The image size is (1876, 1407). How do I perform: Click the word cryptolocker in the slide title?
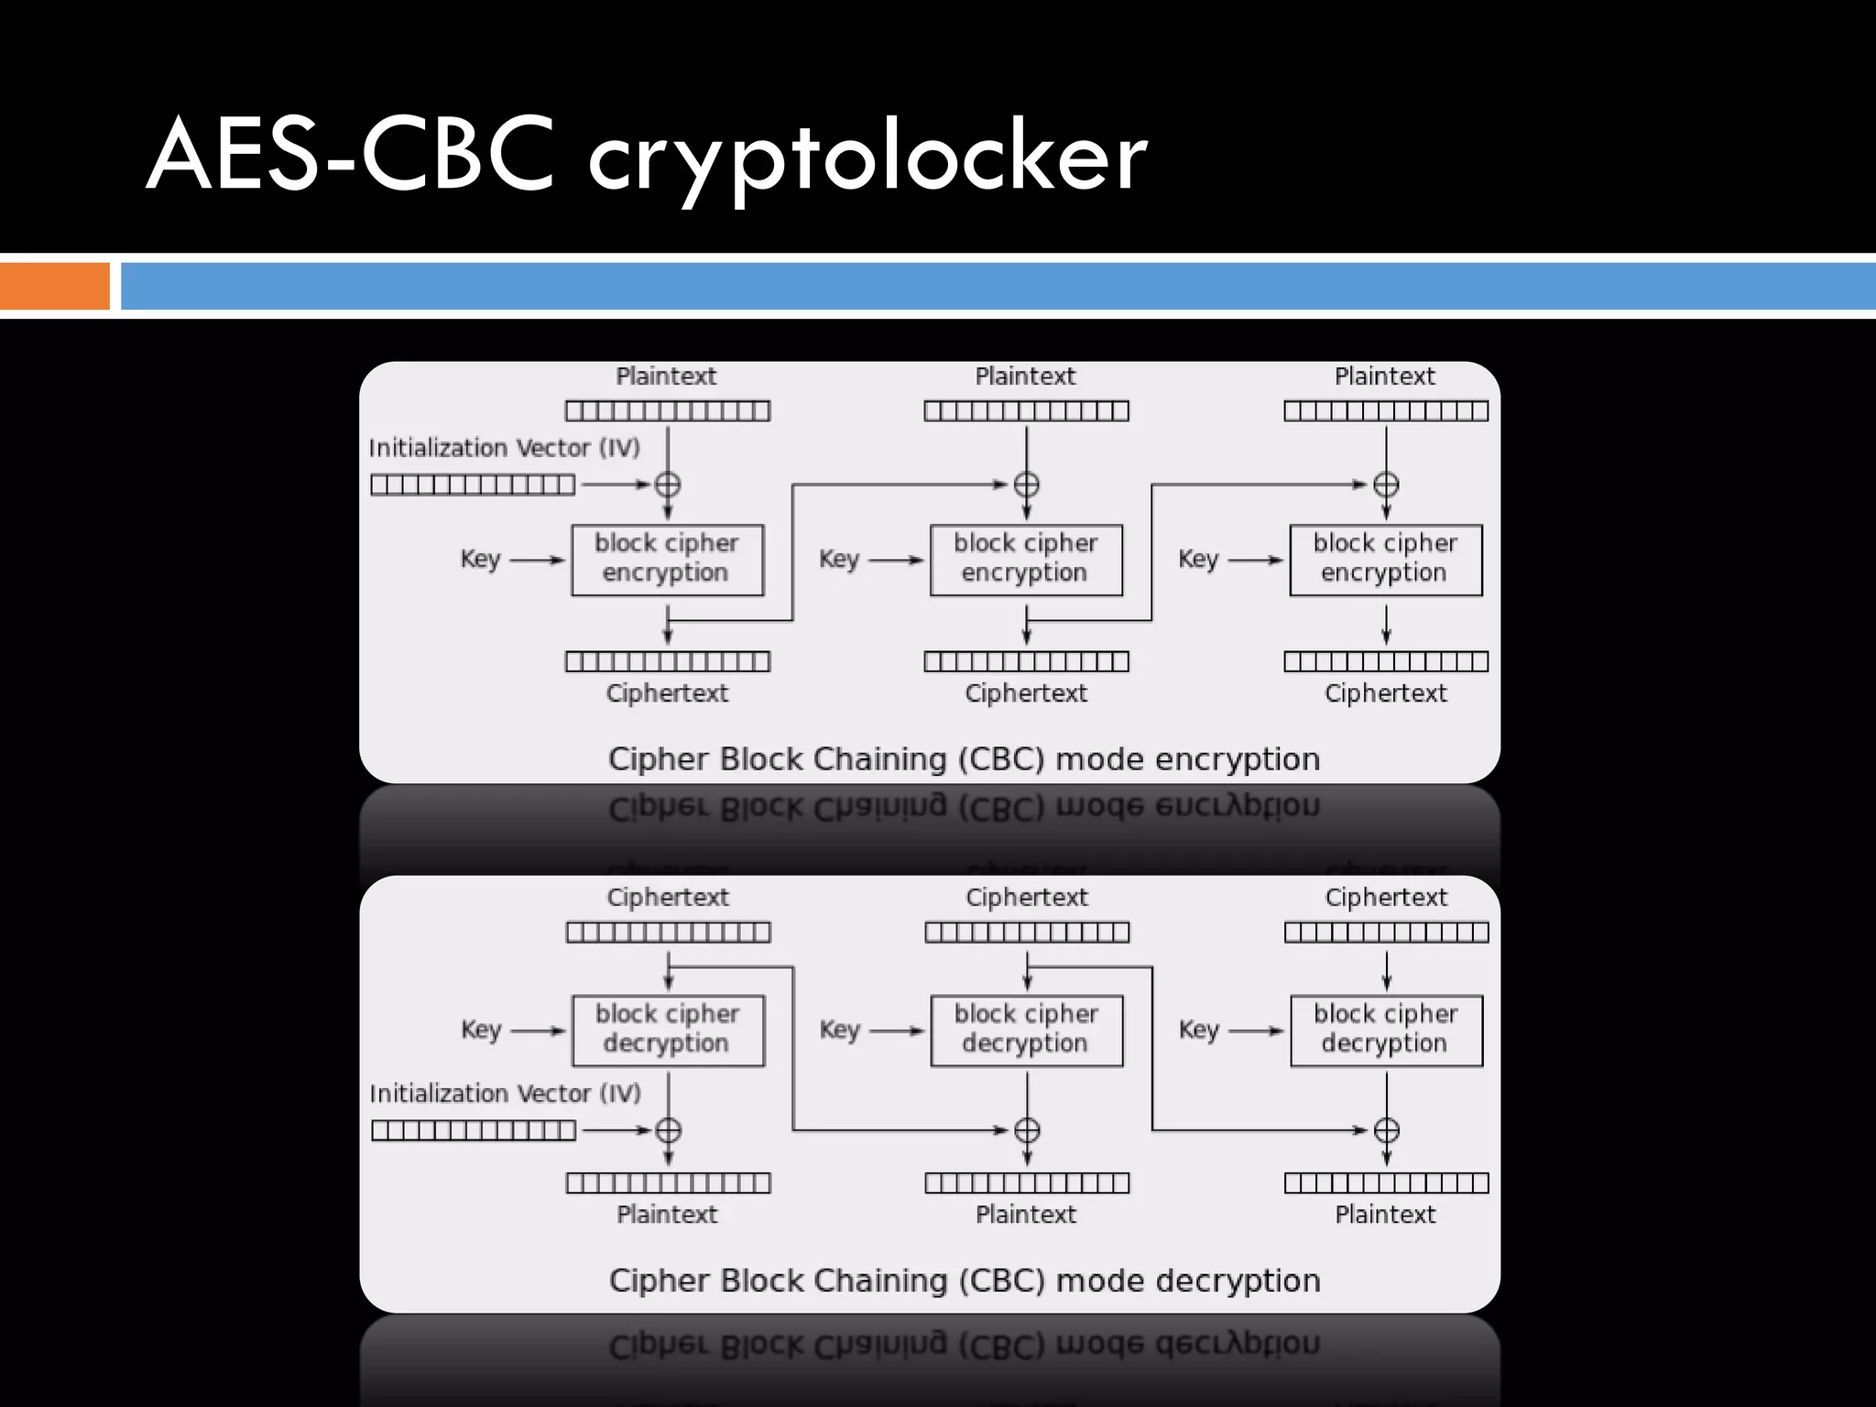pos(866,158)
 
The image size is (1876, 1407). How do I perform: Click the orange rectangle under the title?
pos(54,286)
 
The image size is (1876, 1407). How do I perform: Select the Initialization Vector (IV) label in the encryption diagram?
pos(505,448)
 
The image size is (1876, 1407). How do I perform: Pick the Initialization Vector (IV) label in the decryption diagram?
pos(505,1094)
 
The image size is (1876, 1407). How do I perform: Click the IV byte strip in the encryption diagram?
pos(473,485)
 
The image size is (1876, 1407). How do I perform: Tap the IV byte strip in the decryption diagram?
pos(474,1130)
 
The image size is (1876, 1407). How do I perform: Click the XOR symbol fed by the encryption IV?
pos(668,485)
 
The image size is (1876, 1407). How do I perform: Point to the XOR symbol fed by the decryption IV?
pos(669,1130)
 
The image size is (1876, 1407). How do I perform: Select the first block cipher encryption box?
pos(667,560)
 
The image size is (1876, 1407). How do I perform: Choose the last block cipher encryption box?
pos(1385,560)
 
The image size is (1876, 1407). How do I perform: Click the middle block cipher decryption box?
pos(1026,1031)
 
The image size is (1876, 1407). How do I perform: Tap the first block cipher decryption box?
pos(668,1031)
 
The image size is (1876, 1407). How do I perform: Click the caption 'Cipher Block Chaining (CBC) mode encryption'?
pos(964,759)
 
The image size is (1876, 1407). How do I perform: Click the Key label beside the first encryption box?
pos(480,559)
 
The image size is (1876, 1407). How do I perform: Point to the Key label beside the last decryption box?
pos(1198,1030)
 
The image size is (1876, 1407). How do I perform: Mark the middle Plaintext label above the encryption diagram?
pos(1025,376)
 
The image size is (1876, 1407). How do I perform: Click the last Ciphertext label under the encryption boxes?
pos(1385,693)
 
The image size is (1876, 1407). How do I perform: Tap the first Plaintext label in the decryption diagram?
pos(667,1215)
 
